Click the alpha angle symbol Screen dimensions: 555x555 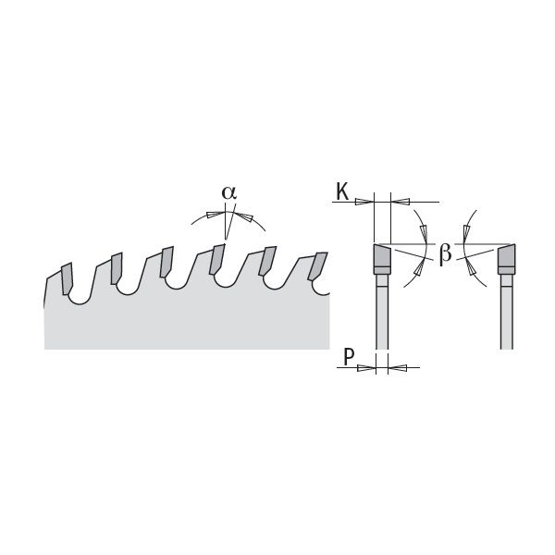[x=229, y=192]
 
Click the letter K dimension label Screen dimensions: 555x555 [x=342, y=192]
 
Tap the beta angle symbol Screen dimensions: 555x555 [x=445, y=254]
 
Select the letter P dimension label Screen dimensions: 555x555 [x=349, y=357]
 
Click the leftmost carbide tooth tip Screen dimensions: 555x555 [x=68, y=278]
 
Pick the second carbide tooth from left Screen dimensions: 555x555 [x=117, y=268]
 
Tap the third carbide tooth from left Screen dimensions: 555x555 [x=166, y=262]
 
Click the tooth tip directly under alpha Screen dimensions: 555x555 [x=217, y=259]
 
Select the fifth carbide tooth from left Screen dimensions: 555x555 [x=267, y=261]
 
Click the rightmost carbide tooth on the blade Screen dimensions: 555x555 [x=318, y=266]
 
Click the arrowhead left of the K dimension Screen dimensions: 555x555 [x=364, y=202]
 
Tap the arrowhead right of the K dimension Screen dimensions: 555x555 [x=400, y=202]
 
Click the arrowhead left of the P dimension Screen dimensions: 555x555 [x=366, y=368]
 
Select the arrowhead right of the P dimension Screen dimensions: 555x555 [x=397, y=368]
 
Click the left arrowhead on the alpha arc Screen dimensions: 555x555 [x=216, y=215]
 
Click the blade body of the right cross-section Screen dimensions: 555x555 [x=507, y=312]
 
